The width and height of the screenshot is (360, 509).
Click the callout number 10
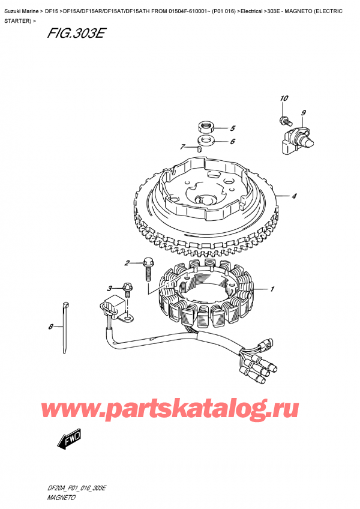click(284, 98)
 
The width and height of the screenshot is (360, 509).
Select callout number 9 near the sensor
click(304, 113)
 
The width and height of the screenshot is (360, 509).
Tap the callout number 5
click(233, 128)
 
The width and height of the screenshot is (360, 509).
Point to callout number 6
click(232, 142)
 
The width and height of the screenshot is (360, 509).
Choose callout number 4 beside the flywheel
click(295, 196)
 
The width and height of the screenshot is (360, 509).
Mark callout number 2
click(127, 263)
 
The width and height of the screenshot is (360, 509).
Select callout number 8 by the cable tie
click(51, 327)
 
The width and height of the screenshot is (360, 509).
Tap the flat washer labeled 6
click(207, 140)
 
